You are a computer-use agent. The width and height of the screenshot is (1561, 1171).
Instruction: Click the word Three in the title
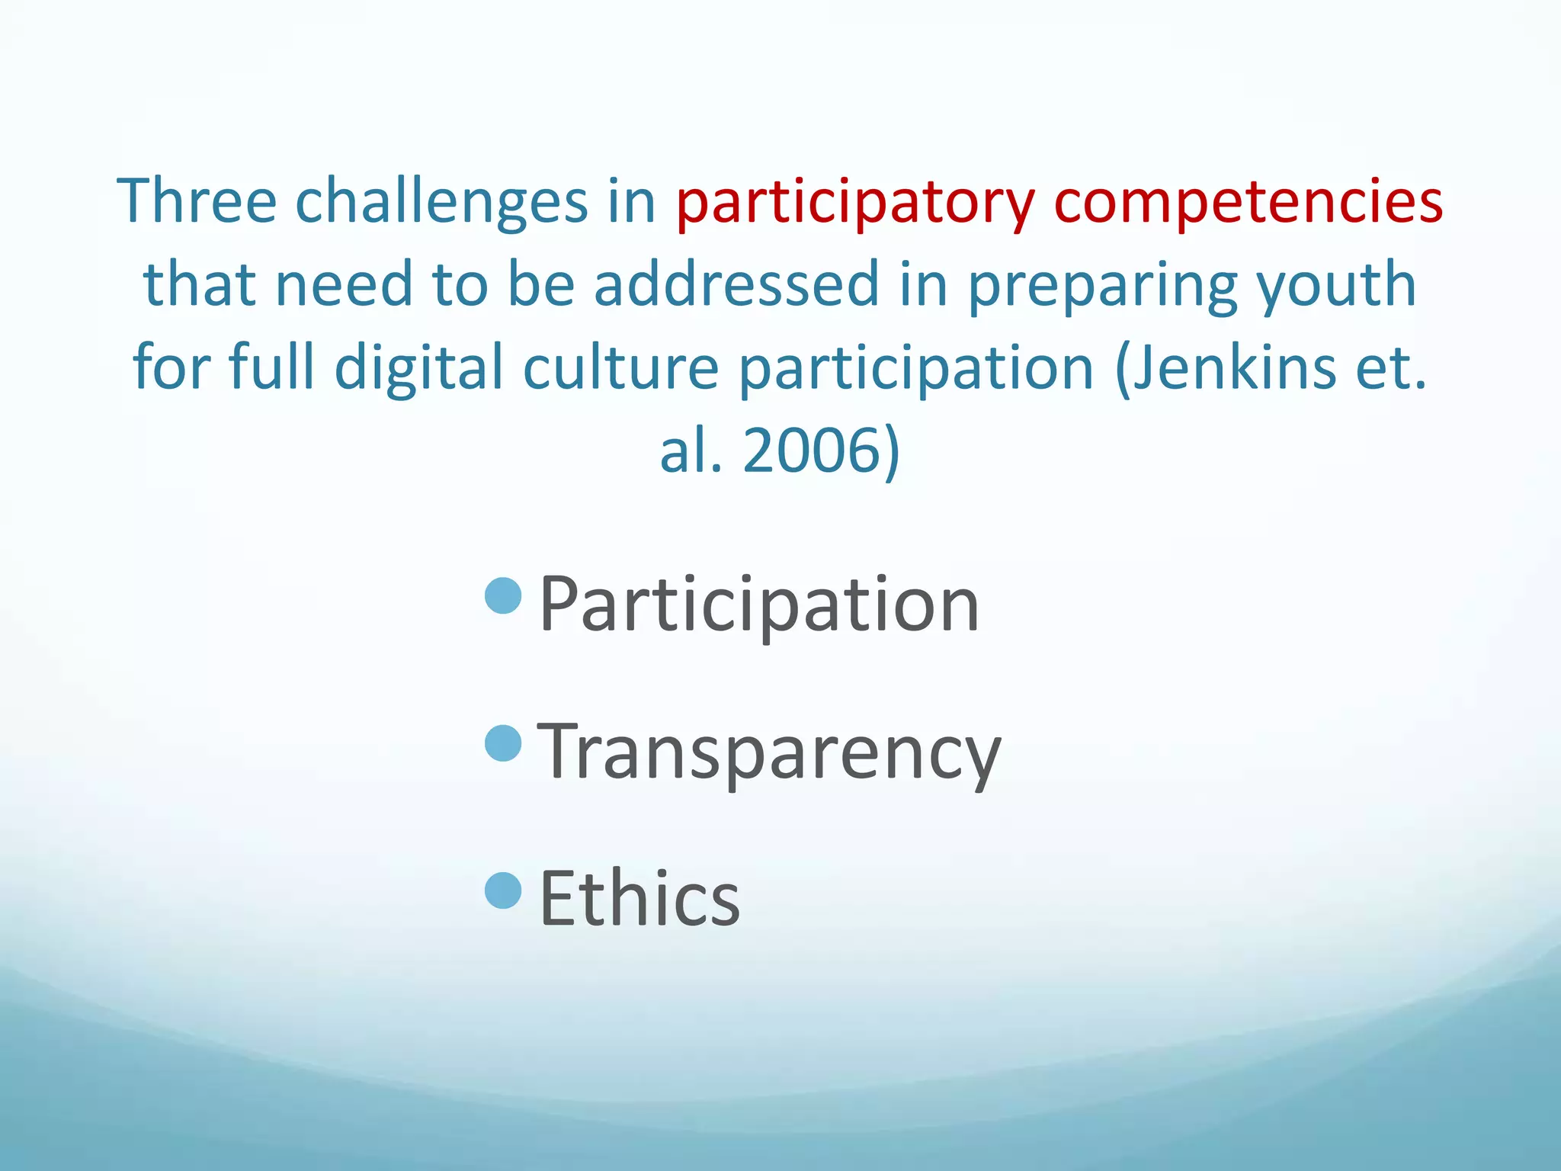(197, 201)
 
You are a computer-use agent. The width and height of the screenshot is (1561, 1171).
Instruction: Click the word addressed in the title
(736, 284)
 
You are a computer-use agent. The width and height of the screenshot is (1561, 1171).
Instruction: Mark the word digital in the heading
(418, 368)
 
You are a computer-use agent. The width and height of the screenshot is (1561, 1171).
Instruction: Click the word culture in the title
(620, 367)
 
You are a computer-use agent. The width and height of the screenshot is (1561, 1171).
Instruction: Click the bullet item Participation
(759, 605)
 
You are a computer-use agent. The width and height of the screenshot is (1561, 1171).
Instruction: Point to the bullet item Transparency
(769, 752)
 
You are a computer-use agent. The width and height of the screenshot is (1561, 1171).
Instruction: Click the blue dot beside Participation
(503, 596)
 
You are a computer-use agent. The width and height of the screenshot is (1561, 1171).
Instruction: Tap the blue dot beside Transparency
(503, 743)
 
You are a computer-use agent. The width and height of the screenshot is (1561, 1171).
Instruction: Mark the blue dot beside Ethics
(503, 890)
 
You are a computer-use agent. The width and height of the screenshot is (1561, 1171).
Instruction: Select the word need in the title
(343, 284)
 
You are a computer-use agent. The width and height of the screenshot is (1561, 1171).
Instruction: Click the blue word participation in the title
(917, 368)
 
